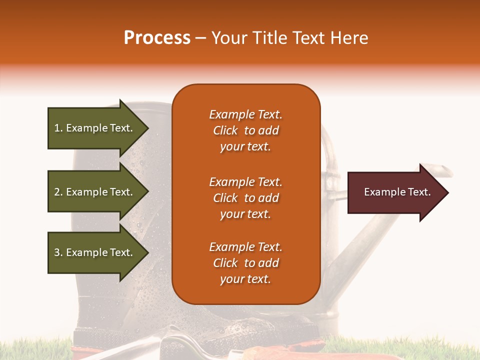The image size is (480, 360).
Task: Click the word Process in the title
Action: click(x=157, y=38)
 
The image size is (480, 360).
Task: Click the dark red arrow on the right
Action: click(x=395, y=192)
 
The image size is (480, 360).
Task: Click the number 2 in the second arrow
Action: click(x=57, y=192)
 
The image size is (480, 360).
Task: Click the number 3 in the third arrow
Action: click(x=57, y=252)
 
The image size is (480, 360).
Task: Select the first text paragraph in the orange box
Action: click(x=245, y=130)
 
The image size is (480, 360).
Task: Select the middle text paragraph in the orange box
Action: click(x=245, y=198)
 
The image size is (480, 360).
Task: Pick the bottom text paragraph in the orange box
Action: click(x=245, y=263)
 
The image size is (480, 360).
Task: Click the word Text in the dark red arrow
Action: click(x=419, y=192)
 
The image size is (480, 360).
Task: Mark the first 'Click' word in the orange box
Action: click(x=225, y=130)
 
